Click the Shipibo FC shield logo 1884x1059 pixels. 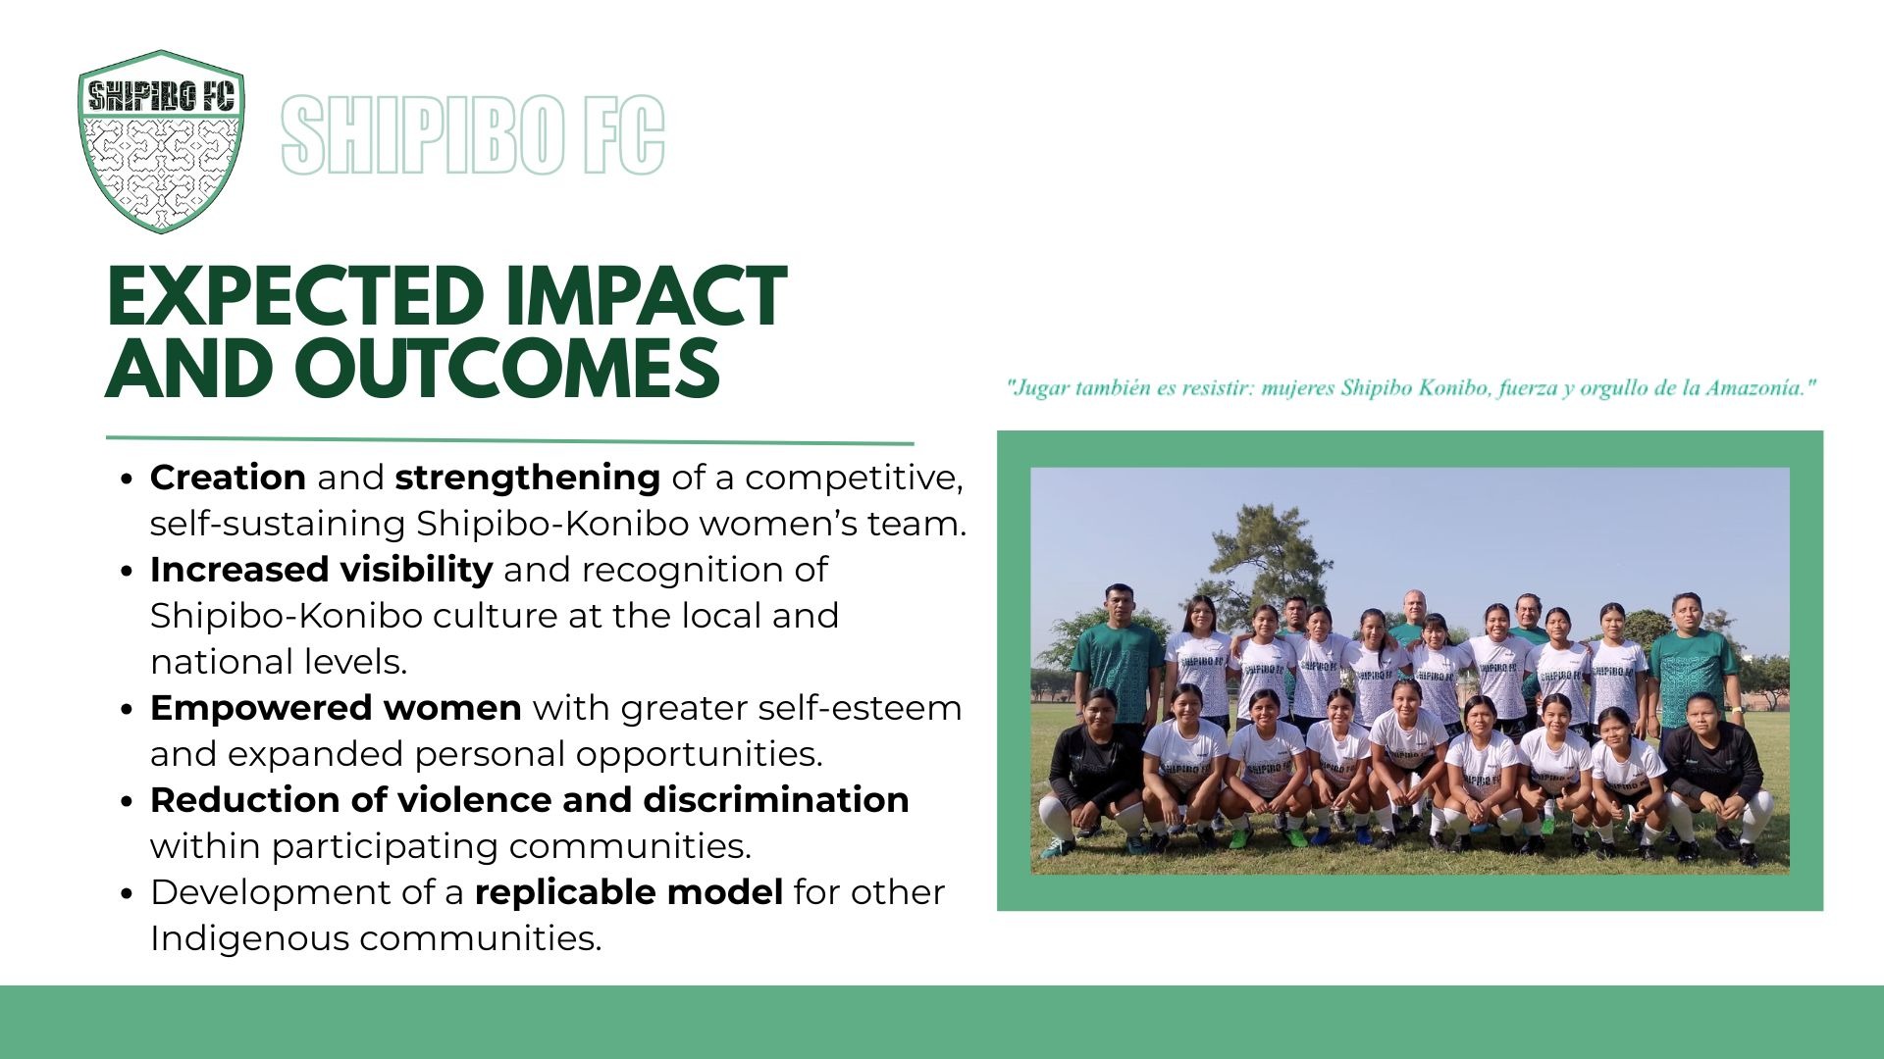tap(161, 141)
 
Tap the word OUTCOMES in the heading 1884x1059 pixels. tap(507, 369)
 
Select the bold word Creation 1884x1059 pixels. tap(228, 478)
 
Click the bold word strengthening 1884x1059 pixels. tap(528, 479)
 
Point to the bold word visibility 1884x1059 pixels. tap(416, 570)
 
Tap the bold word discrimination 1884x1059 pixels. tap(776, 800)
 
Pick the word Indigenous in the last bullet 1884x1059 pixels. tap(249, 938)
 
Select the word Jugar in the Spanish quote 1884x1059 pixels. tap(1039, 388)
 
